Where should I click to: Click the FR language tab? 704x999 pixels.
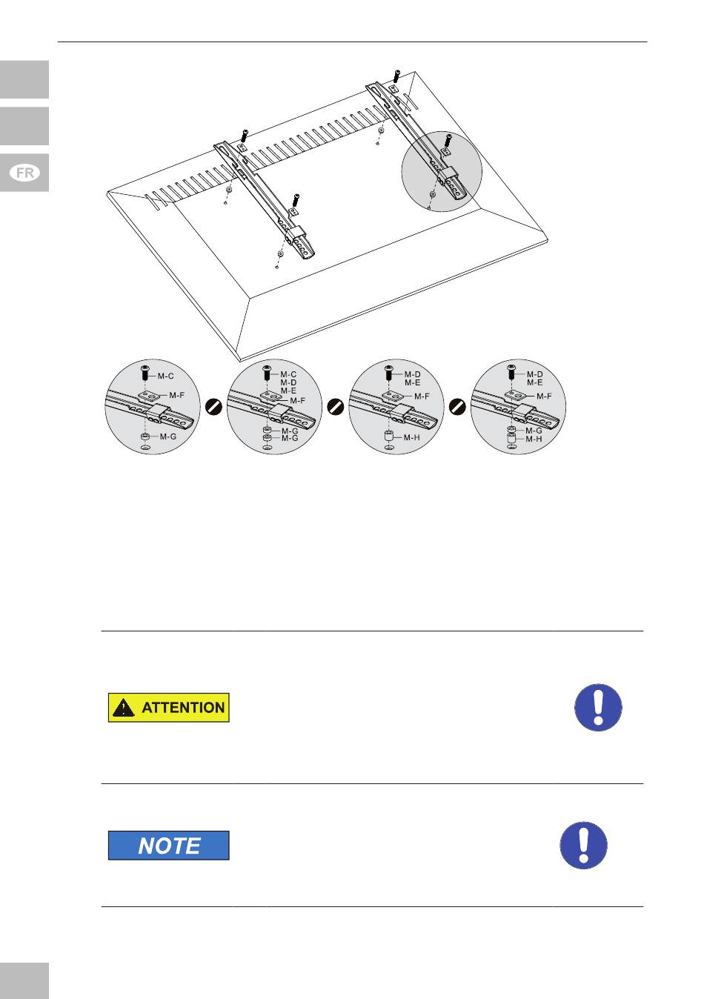(24, 173)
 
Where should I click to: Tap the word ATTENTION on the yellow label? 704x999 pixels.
(183, 707)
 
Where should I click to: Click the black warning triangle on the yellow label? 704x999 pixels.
(123, 708)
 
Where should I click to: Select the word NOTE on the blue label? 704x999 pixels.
(170, 846)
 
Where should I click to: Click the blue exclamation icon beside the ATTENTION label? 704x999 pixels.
(598, 707)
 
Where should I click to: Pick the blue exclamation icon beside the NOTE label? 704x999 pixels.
(583, 845)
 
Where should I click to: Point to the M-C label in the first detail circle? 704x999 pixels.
(165, 376)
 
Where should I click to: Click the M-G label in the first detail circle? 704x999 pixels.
(168, 437)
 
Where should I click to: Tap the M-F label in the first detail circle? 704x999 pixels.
(176, 395)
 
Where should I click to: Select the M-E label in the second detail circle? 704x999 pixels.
(288, 391)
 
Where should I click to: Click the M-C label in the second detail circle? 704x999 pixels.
(288, 375)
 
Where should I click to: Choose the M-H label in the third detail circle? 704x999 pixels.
(411, 437)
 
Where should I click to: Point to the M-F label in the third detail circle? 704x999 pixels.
(422, 396)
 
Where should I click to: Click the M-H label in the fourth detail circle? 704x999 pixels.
(534, 439)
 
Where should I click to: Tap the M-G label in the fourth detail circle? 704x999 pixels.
(534, 431)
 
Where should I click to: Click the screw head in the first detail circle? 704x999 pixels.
(146, 368)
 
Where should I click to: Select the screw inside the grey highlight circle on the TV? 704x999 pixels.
(448, 141)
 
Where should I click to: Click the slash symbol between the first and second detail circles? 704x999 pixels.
(213, 407)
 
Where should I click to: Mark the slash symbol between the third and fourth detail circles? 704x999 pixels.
(457, 407)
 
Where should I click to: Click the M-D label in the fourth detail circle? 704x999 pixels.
(534, 375)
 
